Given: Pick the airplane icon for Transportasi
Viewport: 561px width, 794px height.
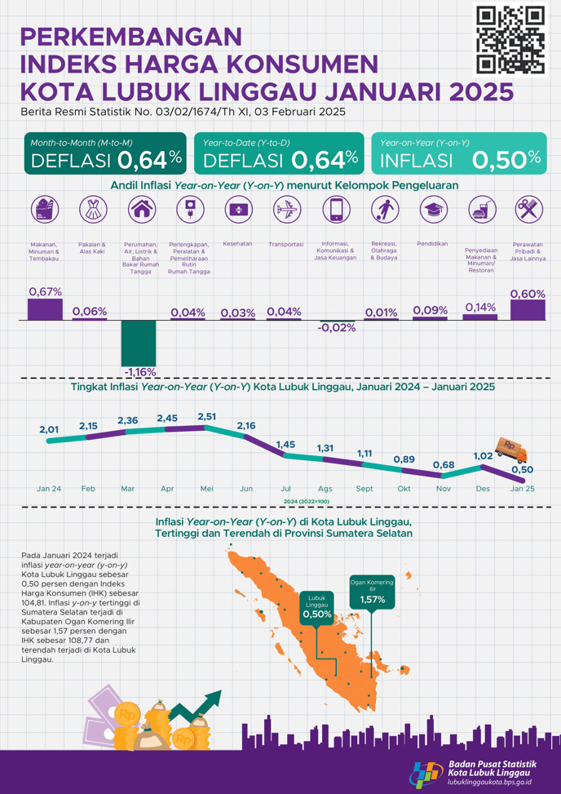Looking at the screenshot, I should coord(285,211).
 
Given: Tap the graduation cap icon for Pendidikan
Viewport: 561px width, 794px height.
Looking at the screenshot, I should coord(432,211).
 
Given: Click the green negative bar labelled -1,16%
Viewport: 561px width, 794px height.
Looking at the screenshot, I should coord(139,343).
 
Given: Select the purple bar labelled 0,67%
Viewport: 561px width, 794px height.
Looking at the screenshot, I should coord(45,309).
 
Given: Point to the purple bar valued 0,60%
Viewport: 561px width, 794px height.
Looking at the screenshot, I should coord(528,310).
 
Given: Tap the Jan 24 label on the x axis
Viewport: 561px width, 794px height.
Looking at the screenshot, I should coord(49,489).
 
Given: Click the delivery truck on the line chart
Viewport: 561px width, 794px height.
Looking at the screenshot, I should coord(513,450).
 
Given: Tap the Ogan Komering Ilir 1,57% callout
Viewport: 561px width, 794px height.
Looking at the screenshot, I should coord(372,593).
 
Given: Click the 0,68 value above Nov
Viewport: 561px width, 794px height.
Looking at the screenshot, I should coord(444,465).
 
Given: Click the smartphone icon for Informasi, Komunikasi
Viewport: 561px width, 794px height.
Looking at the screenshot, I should coord(334,211).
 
